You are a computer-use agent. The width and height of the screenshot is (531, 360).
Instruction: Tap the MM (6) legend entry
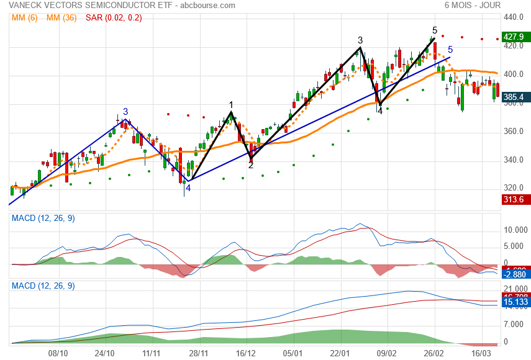coord(25,17)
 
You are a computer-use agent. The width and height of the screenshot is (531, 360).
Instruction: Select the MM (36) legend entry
coord(61,17)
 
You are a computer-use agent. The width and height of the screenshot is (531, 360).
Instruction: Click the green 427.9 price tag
coord(514,37)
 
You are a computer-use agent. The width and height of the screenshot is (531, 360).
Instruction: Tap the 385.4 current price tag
coord(514,97)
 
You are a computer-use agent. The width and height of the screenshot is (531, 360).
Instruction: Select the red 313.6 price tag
coord(514,199)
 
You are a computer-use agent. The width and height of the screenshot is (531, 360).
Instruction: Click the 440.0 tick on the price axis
coord(515,17)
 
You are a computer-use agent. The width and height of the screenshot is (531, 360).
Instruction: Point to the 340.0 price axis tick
coord(515,160)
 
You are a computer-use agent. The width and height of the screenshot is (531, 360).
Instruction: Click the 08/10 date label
coord(58,353)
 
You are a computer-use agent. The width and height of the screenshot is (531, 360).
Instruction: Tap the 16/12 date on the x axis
coord(246,353)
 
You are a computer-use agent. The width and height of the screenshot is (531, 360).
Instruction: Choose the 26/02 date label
coord(434,353)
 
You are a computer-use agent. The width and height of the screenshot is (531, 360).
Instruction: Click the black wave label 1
coord(231,105)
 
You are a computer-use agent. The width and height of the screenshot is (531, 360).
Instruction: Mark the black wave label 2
coord(251,165)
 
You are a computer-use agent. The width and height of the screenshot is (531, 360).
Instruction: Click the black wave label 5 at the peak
coord(435,30)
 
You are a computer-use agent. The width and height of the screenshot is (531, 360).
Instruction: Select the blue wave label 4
coord(188,187)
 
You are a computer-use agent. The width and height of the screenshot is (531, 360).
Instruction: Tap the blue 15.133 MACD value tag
coord(514,302)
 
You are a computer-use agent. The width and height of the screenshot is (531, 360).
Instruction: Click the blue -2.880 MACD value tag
coord(514,274)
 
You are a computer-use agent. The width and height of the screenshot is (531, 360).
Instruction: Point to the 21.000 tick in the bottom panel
coord(515,289)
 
